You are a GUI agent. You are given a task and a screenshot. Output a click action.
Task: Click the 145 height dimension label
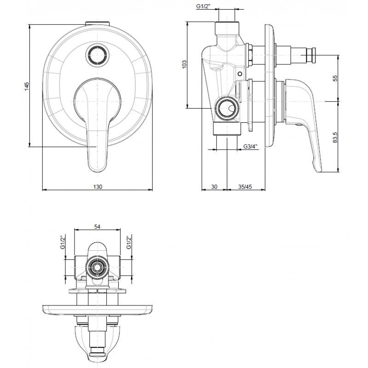[x=27, y=86]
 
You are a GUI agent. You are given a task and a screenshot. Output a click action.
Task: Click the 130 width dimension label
[x=98, y=187]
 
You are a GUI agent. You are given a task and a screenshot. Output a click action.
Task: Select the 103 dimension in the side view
[x=184, y=64]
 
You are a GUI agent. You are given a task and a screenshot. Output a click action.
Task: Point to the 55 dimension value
[x=335, y=78]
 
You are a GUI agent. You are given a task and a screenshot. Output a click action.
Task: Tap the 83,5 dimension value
[x=335, y=137]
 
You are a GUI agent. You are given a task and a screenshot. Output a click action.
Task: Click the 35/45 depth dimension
[x=245, y=187]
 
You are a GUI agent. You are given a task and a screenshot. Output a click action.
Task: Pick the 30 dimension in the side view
[x=214, y=187]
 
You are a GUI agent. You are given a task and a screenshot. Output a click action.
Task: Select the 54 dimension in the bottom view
[x=97, y=226]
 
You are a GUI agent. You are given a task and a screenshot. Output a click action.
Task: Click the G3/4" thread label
[x=250, y=147]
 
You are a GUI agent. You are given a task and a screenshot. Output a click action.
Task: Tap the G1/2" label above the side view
[x=203, y=6]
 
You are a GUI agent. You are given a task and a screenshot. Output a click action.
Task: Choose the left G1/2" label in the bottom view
[x=63, y=242]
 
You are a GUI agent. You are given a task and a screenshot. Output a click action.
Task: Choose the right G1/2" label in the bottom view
[x=128, y=242]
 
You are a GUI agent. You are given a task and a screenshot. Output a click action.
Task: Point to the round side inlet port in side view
[x=227, y=108]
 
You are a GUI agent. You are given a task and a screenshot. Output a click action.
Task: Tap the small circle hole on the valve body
[x=240, y=74]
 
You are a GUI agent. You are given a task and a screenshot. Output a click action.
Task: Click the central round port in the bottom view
[x=97, y=267]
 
